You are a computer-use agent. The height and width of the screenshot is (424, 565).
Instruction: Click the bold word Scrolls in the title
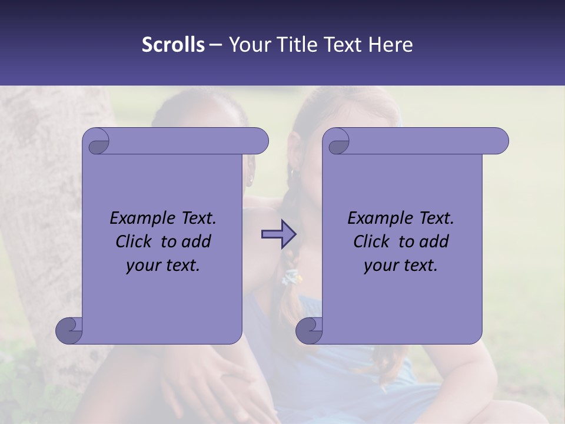(173, 45)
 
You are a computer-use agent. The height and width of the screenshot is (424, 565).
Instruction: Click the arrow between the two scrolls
(278, 234)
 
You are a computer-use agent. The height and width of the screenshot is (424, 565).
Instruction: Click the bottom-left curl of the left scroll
(68, 330)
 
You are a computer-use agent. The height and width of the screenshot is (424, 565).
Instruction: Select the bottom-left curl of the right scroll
(308, 330)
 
